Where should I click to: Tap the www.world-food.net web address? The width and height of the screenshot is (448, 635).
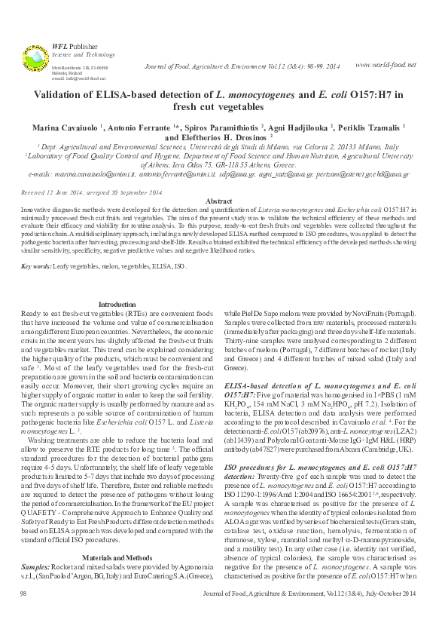384,65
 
